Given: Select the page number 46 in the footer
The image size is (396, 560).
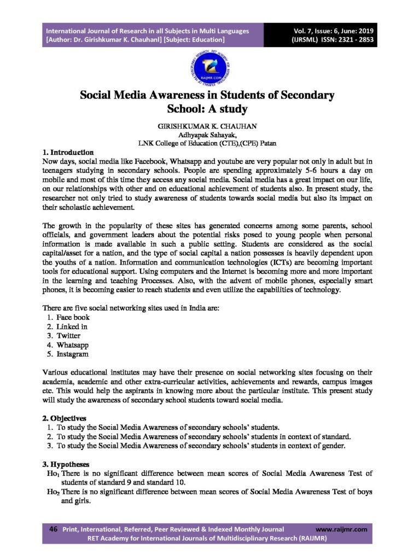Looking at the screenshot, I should [x=54, y=529].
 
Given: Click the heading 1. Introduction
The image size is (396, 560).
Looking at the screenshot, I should [x=68, y=151].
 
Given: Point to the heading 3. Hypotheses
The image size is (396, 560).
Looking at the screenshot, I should [x=66, y=463].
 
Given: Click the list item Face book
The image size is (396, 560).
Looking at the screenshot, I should [x=73, y=317].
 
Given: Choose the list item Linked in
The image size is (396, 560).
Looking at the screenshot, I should [x=72, y=326].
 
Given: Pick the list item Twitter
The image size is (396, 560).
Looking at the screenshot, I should [x=68, y=336].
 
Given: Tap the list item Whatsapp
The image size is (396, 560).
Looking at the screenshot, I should [x=73, y=345].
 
